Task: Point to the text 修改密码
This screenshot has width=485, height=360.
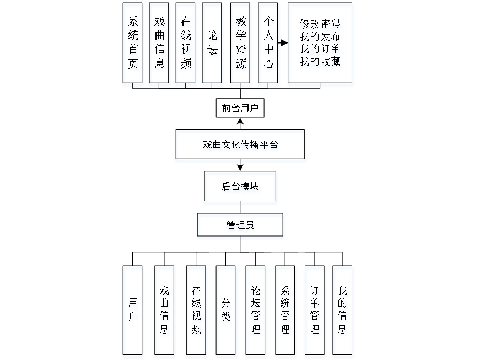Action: (x=321, y=25)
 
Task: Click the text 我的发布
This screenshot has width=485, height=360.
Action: (x=321, y=37)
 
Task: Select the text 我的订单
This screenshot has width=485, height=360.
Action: (x=321, y=50)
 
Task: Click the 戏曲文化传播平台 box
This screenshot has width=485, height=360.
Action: (x=240, y=146)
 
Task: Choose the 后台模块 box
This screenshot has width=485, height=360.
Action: (x=241, y=188)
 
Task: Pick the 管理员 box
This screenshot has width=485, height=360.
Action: (x=241, y=227)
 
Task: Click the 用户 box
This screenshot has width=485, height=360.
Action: (x=133, y=311)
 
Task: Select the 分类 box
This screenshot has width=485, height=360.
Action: (x=227, y=311)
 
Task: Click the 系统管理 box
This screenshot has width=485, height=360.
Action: (x=285, y=311)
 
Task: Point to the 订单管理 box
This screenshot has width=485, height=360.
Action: (x=314, y=311)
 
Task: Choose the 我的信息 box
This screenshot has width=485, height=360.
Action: (x=343, y=311)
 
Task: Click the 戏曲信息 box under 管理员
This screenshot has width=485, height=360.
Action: (x=165, y=311)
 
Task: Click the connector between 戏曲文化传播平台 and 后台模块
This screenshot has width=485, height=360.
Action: (x=241, y=167)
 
